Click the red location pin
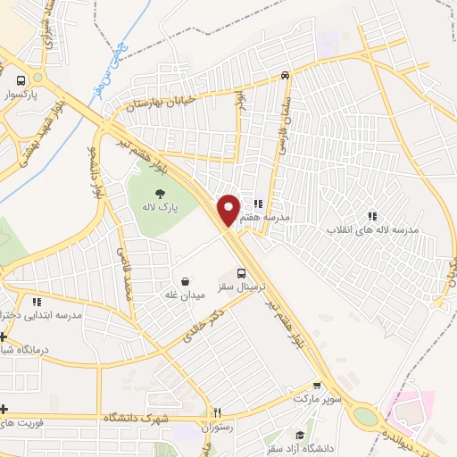[x=228, y=209]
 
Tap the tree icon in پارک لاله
[x=160, y=193]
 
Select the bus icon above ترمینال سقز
[x=241, y=274]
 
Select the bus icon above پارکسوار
[x=36, y=78]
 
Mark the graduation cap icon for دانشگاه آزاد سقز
[x=300, y=435]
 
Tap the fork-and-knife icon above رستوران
[x=215, y=412]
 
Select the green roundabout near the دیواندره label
[x=366, y=416]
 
